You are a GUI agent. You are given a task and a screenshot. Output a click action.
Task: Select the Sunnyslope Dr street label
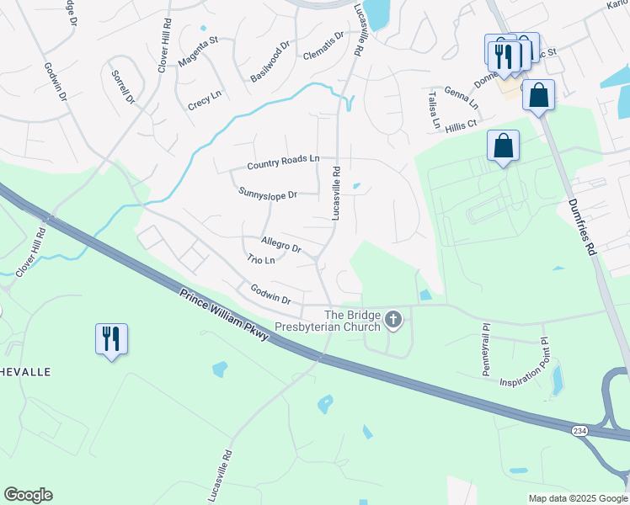[268, 194]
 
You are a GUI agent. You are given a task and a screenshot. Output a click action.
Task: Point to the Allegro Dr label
[281, 244]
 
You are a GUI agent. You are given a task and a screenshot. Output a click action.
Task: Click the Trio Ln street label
[261, 260]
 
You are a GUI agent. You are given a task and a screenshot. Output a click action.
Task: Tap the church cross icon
[393, 319]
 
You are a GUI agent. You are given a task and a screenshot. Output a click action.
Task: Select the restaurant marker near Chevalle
[111, 338]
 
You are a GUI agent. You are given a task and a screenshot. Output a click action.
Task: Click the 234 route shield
[579, 431]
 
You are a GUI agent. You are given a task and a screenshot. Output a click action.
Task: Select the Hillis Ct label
[462, 124]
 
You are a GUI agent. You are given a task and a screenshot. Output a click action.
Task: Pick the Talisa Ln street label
[432, 110]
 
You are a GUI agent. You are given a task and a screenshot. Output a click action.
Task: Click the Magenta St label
[198, 50]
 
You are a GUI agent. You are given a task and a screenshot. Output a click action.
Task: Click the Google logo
[28, 495]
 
